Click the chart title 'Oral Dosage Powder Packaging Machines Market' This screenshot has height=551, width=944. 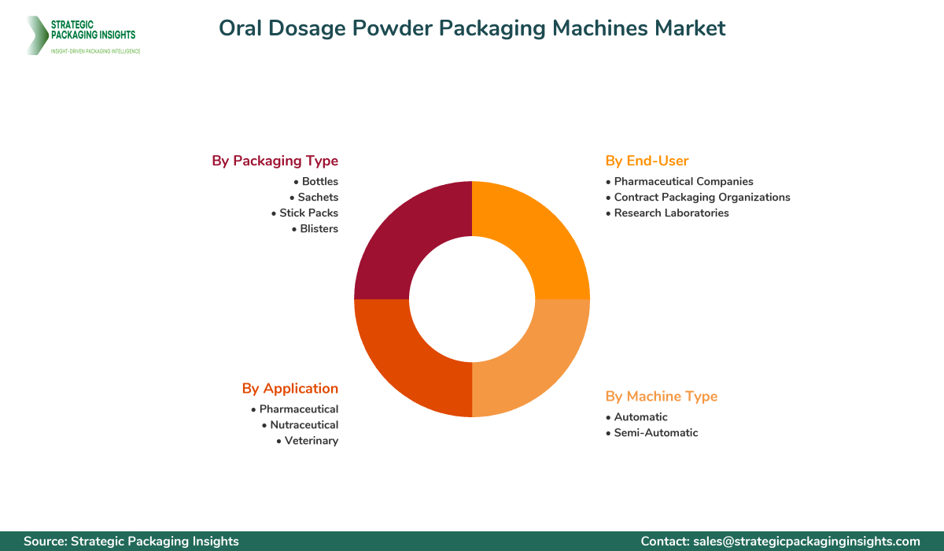click(472, 28)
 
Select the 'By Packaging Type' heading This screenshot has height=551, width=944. click(275, 161)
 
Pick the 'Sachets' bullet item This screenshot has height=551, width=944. click(314, 198)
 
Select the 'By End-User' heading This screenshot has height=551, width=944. click(647, 161)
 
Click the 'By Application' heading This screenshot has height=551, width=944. click(289, 388)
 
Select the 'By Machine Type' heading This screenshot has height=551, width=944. click(661, 396)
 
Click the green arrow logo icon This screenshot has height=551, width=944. click(35, 35)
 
